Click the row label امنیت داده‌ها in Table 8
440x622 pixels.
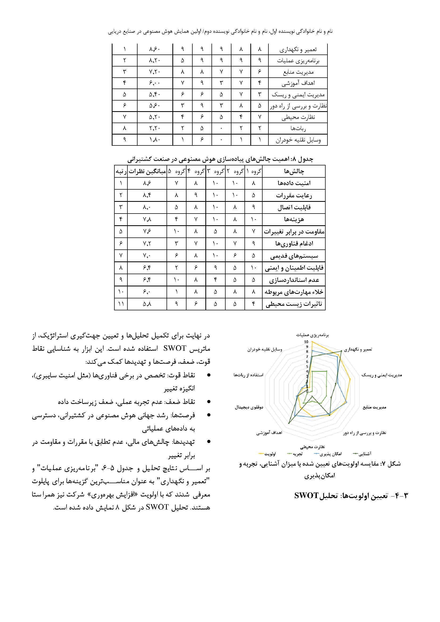coord(294,183)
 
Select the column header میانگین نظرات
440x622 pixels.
coord(147,171)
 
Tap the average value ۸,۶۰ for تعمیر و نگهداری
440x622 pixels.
coord(155,49)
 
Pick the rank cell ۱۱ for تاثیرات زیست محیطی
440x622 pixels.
coord(121,304)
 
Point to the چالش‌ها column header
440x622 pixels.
coord(294,171)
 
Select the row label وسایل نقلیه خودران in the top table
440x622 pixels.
coord(298,140)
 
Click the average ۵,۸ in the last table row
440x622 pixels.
coord(147,304)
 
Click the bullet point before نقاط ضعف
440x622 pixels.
coord(209,402)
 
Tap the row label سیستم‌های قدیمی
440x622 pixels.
coord(294,256)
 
